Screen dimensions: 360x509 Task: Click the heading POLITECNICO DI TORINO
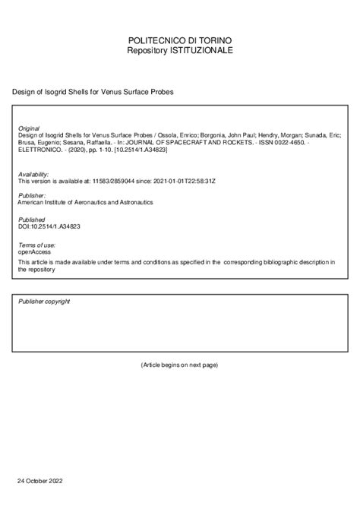(180, 39)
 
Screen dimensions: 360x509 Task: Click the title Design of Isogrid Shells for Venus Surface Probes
(93, 91)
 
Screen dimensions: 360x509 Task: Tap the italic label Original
(28, 130)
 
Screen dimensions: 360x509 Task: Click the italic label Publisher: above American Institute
(32, 196)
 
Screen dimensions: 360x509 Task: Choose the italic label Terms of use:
(36, 246)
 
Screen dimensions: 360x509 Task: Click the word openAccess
(35, 252)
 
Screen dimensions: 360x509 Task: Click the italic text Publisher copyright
(44, 302)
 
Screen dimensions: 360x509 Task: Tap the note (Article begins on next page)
(180, 365)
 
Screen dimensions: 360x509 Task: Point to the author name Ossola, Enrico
(173, 137)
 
